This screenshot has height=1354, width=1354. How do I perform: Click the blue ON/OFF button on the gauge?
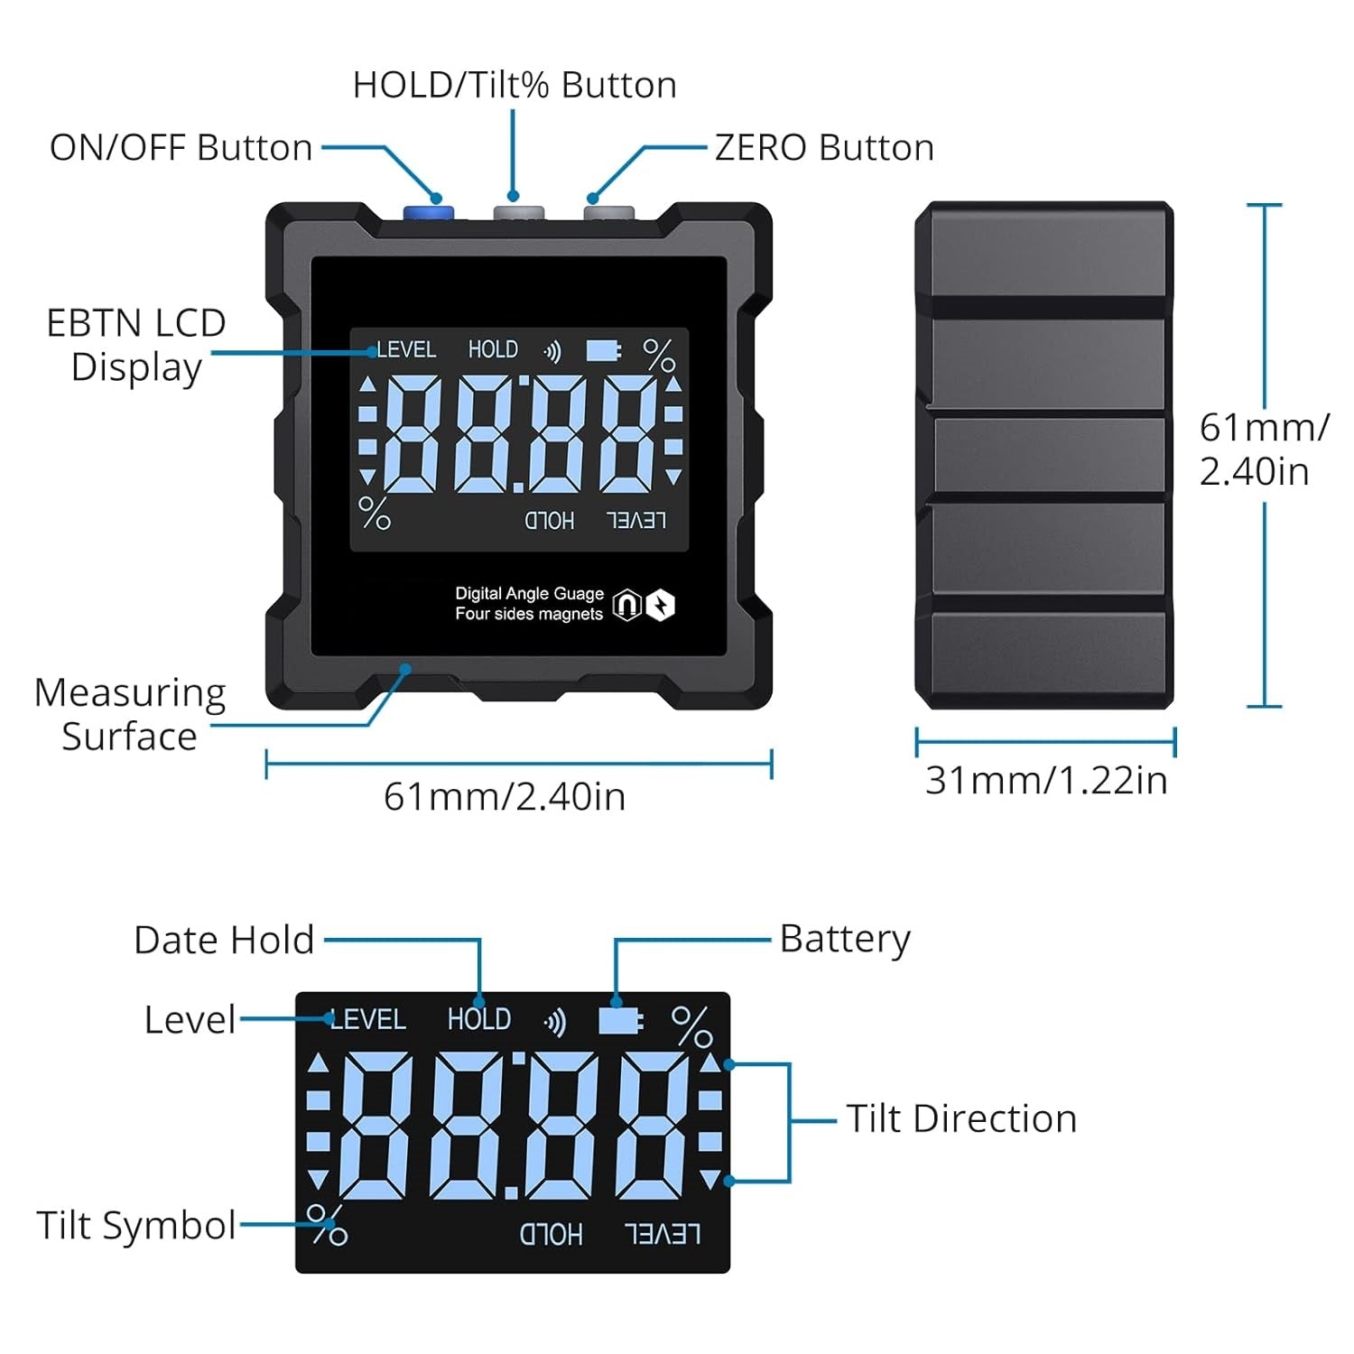(x=428, y=213)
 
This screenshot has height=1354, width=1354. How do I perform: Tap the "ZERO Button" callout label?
(x=824, y=148)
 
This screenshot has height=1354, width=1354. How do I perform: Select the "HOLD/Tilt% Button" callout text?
(x=515, y=85)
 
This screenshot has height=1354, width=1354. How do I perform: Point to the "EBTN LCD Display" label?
(x=135, y=345)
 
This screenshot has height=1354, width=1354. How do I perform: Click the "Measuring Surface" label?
(x=129, y=714)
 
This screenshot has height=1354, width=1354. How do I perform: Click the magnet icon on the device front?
(x=626, y=605)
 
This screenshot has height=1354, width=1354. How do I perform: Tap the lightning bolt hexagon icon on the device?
(x=661, y=605)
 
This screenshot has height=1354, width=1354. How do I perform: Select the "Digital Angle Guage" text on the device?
(x=529, y=593)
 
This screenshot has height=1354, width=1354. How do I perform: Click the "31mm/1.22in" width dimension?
(x=1046, y=780)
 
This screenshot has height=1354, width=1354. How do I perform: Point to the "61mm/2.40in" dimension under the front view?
(x=505, y=797)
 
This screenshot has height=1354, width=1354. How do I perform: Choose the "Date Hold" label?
(x=224, y=940)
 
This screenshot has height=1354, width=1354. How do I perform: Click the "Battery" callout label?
(x=845, y=939)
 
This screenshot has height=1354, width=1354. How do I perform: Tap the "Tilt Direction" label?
(x=961, y=1119)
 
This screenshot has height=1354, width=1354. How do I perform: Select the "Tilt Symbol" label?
(x=135, y=1226)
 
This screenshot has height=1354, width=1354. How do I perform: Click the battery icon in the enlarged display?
(x=620, y=1021)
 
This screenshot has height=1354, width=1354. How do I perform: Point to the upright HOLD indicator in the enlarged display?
(x=479, y=1019)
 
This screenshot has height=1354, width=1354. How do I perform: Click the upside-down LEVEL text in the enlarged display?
(x=663, y=1234)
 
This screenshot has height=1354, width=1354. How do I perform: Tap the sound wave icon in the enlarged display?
(x=555, y=1022)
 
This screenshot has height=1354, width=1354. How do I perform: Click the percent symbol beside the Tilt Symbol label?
(x=327, y=1225)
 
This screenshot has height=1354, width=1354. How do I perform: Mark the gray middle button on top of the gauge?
(x=518, y=213)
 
